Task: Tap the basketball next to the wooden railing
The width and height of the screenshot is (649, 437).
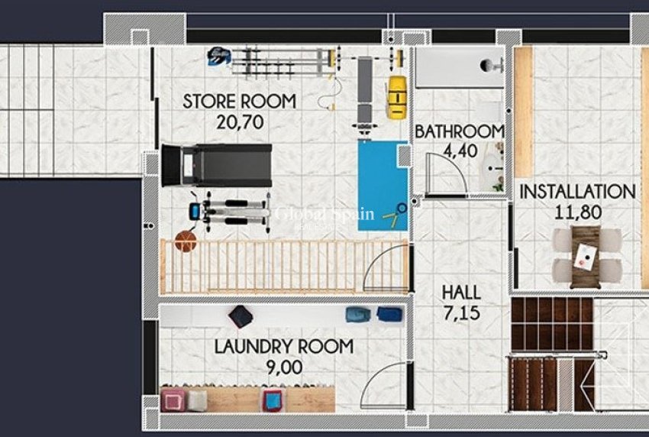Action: [x=186, y=242]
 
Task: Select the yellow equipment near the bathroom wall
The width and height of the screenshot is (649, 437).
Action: [x=395, y=96]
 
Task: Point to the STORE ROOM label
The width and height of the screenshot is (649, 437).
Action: [x=239, y=102]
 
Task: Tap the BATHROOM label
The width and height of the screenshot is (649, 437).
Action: [x=460, y=132]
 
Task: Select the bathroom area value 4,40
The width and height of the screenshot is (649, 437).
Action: [x=459, y=151]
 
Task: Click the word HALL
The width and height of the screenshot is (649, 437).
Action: [x=461, y=292]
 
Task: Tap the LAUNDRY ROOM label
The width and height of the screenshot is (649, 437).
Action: [x=283, y=347]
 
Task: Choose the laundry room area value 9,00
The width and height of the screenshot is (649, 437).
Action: [x=283, y=367]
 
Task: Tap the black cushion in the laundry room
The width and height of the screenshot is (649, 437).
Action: [x=241, y=316]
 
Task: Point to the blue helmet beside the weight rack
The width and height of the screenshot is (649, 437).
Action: [x=219, y=55]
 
